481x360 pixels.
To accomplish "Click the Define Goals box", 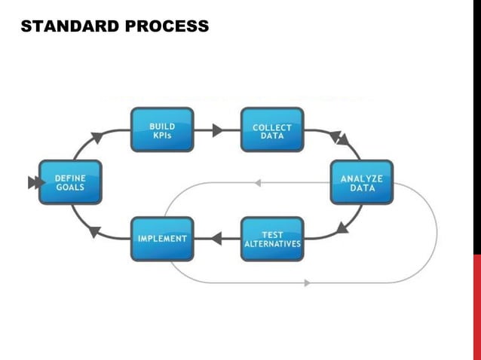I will click(x=69, y=182).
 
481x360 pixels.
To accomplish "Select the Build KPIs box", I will click(x=162, y=130).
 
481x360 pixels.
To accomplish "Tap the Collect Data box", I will click(x=272, y=131).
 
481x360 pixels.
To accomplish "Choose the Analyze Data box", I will click(x=362, y=182).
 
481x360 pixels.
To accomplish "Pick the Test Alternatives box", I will click(x=272, y=239).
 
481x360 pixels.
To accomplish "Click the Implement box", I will click(x=162, y=239).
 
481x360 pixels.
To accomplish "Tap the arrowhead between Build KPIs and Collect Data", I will click(x=217, y=130).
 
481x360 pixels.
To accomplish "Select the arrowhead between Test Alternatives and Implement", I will click(x=216, y=239).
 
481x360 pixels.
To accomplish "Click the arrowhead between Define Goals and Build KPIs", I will click(x=97, y=138).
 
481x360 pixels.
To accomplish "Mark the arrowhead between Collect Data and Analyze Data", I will click(x=341, y=139).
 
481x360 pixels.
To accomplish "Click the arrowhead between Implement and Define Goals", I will click(x=94, y=231).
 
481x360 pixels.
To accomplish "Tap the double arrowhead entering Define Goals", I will click(x=33, y=182).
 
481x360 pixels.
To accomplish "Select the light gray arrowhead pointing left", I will click(x=257, y=182).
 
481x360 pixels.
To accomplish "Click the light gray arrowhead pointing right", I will click(x=307, y=283).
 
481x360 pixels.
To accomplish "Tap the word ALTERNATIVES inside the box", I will click(x=272, y=245).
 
